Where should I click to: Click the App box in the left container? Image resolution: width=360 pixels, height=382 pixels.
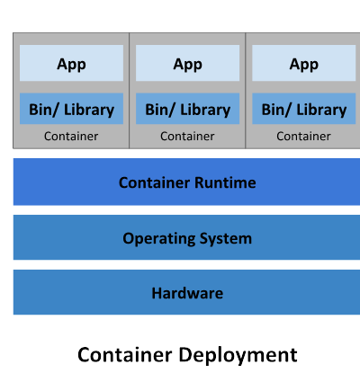point(71,63)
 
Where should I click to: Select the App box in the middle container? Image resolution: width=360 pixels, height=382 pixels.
point(187,63)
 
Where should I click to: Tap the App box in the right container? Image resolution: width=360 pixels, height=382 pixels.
point(304,63)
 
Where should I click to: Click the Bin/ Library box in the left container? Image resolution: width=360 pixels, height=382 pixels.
point(71,109)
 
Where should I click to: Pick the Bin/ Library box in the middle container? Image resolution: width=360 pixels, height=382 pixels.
point(187,109)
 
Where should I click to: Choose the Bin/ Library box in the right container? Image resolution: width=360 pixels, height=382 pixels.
point(304,109)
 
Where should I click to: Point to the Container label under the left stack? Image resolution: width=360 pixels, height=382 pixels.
point(71,137)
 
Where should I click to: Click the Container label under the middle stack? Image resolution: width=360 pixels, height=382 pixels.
point(187,137)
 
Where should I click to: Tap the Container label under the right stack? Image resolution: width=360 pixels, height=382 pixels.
point(303,137)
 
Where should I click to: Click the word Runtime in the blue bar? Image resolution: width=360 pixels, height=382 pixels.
point(225,182)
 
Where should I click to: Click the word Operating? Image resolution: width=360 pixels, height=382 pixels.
point(159,239)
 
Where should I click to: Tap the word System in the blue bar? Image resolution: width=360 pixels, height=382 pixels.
point(226,239)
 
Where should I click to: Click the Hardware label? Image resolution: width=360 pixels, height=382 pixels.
point(187,293)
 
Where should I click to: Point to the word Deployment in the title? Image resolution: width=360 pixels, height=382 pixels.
point(238,356)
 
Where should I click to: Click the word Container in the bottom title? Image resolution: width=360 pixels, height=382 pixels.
point(125,355)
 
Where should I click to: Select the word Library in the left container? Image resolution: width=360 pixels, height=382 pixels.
point(89,111)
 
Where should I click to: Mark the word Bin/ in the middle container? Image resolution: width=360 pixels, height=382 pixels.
point(160,110)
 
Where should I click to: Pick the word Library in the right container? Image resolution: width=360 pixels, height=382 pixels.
point(321,111)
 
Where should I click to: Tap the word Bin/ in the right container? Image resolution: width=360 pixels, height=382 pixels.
point(276,110)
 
